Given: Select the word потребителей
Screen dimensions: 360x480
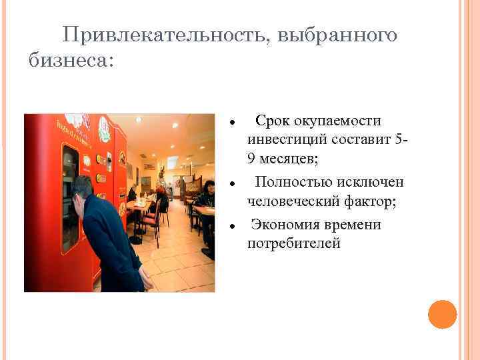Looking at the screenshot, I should (293, 245).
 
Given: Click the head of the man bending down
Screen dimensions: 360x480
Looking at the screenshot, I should (83, 188).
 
